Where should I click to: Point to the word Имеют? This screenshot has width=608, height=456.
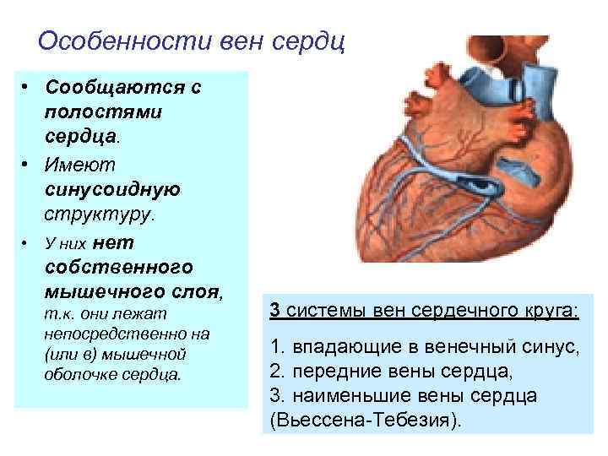coord(82,164)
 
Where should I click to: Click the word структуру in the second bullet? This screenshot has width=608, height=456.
coord(97,214)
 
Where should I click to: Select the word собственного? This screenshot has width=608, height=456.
coord(117,268)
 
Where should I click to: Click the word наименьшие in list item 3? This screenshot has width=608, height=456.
coord(338,395)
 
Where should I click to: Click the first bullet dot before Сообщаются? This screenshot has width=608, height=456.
coord(27,89)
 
